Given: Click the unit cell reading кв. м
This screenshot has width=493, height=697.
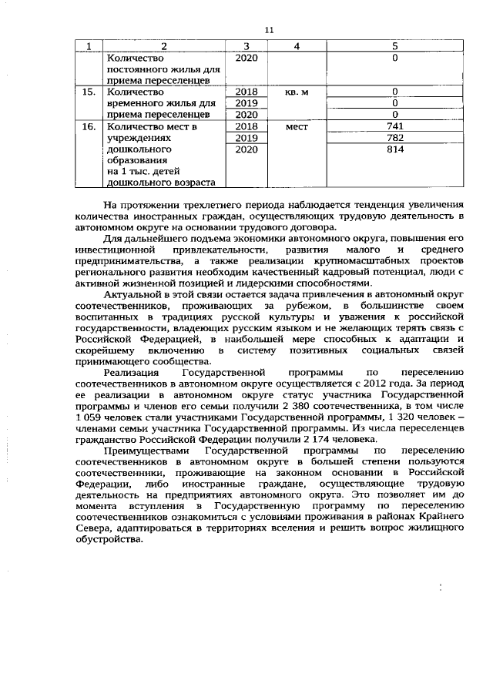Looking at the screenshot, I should point(296,92).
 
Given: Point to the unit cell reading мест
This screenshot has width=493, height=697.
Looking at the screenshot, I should point(296,126).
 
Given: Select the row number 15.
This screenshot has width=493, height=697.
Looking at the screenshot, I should point(91,92).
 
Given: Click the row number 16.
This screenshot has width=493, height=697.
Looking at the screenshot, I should point(91,126).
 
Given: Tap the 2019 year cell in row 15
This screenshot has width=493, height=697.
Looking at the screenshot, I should point(245,103).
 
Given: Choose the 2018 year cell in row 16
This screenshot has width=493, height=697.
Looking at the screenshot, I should point(245,126).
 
